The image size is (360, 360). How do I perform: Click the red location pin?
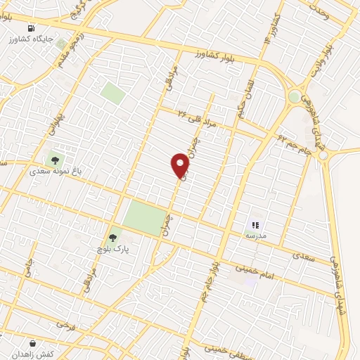[x=181, y=165]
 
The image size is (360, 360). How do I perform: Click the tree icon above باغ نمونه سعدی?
[x=54, y=159]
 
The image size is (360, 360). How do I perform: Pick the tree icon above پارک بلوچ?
[x=112, y=238]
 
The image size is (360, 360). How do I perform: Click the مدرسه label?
[x=255, y=237]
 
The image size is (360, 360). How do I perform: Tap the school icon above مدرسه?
[x=255, y=226]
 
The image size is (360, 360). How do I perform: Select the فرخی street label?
[x=65, y=326]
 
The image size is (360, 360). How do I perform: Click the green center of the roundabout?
[x=295, y=96]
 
